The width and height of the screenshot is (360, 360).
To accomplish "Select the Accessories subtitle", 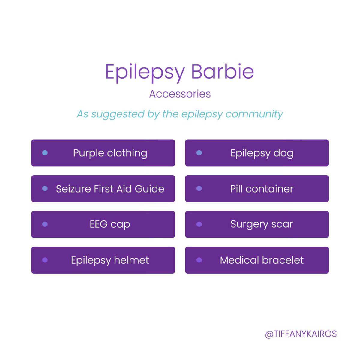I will [180, 94].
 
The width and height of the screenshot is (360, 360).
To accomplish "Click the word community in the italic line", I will [254, 114].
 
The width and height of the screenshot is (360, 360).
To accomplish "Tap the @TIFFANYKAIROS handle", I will [301, 334].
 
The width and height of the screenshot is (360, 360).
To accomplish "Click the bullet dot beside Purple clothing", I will [45, 153].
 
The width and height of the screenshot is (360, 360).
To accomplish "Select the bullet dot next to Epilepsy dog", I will [199, 153].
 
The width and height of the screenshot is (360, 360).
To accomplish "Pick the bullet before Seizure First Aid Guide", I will [45, 189].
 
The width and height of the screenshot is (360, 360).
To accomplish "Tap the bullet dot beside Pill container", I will [199, 189].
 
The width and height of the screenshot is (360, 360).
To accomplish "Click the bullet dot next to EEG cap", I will [45, 224].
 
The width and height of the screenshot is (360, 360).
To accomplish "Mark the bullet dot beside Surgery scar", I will [199, 224].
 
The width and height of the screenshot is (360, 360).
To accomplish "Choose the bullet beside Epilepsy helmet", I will [45, 260].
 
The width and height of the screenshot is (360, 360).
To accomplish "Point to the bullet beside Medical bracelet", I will [199, 260].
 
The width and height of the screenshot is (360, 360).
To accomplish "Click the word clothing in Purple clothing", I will [127, 153].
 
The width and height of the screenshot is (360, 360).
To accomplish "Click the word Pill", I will [236, 189].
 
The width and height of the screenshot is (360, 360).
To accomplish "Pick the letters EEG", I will [98, 224].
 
